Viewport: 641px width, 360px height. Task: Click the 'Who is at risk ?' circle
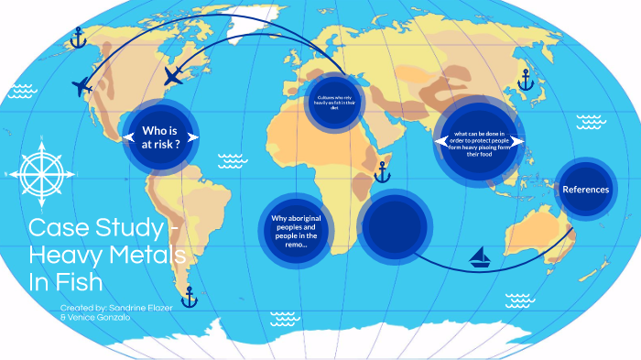coord(161,137)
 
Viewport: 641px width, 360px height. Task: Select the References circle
coord(585,190)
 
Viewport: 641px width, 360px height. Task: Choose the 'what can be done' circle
coord(479,143)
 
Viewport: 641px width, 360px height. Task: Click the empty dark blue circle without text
coord(395,229)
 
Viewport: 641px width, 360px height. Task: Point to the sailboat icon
coord(480,257)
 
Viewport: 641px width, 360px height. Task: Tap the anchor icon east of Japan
coord(525,82)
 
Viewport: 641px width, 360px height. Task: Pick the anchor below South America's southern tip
coord(190,297)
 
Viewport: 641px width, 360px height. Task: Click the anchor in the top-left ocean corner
coord(79,38)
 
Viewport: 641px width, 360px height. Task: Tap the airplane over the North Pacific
coord(81,86)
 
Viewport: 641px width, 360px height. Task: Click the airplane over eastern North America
coord(174,75)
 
